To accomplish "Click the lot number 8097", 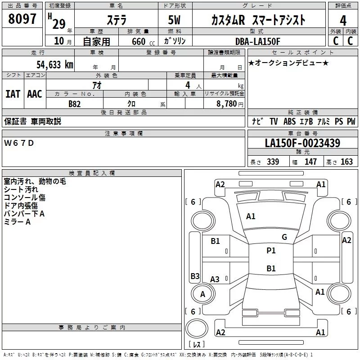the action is click(x=22, y=19).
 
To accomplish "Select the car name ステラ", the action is click(x=116, y=20).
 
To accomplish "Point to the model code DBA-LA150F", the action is click(x=257, y=41).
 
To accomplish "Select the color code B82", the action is click(x=75, y=103).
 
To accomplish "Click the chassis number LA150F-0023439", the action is click(x=302, y=144).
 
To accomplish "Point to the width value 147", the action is click(x=310, y=162).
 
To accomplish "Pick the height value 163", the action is click(x=346, y=162).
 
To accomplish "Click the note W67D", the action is click(x=19, y=143).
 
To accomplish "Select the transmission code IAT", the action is click(x=13, y=94).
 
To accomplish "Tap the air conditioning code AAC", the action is click(x=34, y=94).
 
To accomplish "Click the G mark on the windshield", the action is click(x=284, y=237).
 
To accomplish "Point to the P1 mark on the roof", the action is click(x=271, y=251).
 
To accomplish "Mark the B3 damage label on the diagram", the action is click(x=195, y=276).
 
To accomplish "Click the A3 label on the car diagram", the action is click(x=215, y=279).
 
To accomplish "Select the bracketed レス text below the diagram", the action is click(x=197, y=344).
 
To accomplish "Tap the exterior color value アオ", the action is click(x=96, y=85).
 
